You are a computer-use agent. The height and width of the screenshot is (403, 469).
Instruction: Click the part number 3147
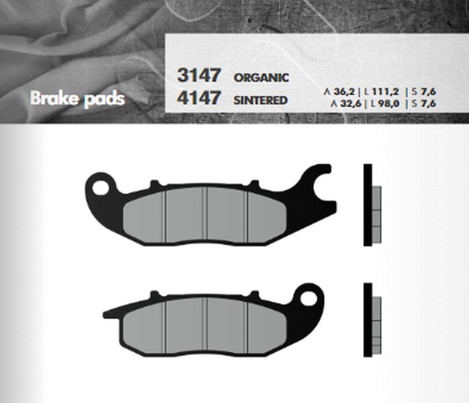tap(199, 75)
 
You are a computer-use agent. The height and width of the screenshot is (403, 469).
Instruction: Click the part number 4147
tap(199, 97)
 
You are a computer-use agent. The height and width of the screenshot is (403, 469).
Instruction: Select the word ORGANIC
tap(261, 78)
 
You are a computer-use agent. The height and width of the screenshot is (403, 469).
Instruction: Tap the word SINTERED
tap(260, 100)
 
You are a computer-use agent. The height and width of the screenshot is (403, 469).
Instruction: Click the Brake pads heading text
tap(77, 99)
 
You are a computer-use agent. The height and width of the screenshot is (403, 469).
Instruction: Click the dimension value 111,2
tap(385, 91)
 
